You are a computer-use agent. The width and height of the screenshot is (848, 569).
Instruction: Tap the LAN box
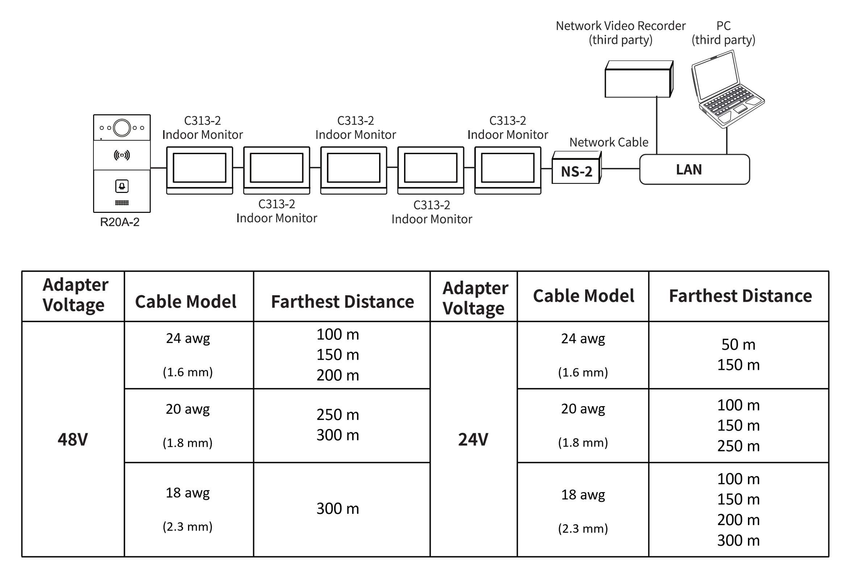[x=694, y=169]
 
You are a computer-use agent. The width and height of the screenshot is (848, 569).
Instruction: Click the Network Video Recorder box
[x=639, y=79]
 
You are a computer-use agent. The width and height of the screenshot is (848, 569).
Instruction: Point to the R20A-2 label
[x=120, y=222]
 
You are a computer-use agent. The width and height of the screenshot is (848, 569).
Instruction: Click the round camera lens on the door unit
[x=122, y=128]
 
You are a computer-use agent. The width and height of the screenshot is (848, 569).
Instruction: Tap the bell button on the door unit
[x=122, y=186]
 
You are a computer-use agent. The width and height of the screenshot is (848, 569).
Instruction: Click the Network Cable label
[x=609, y=142]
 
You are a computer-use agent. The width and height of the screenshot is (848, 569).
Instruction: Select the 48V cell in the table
[x=72, y=440]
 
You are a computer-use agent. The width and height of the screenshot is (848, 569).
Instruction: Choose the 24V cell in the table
[x=473, y=440]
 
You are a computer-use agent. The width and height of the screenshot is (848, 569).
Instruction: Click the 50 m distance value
[x=739, y=345]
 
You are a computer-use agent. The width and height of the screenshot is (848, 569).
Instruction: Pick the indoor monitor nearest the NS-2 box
[x=508, y=170]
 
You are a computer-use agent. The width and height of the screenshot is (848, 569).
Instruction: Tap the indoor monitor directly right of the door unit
[x=199, y=170]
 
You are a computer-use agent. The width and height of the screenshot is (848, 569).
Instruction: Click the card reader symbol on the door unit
[x=122, y=155]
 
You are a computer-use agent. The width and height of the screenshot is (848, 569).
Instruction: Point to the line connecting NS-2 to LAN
[x=620, y=169]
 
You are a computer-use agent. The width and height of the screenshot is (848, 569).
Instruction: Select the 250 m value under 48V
[x=337, y=415]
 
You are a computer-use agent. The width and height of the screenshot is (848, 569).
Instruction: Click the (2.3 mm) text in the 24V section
[x=583, y=528]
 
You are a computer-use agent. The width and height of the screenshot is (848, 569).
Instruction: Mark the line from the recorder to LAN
[x=657, y=125]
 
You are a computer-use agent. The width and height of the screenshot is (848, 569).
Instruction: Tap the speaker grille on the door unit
[x=122, y=203]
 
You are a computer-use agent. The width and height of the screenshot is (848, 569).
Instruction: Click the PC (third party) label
[x=724, y=33]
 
